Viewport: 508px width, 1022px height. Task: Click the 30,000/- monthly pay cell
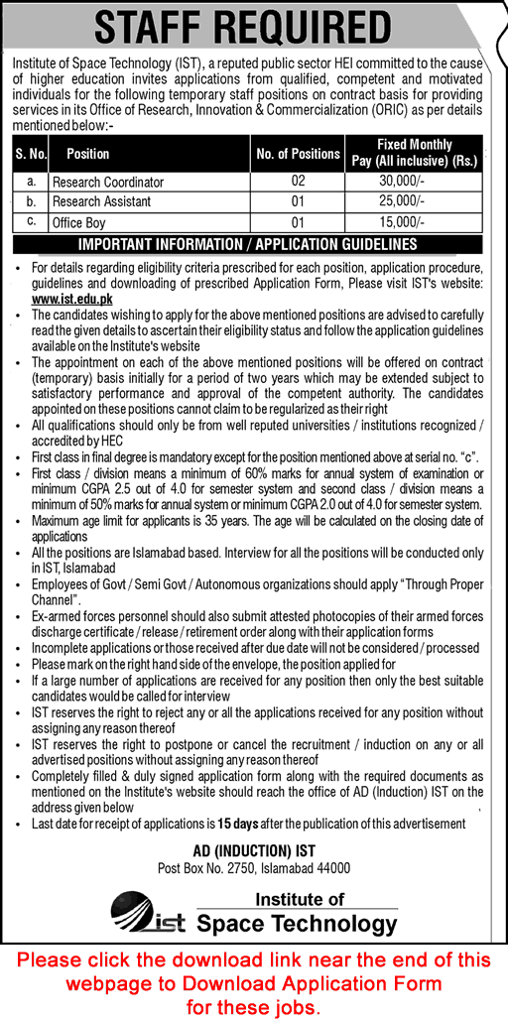point(415,183)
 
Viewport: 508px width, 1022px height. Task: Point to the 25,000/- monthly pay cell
point(415,201)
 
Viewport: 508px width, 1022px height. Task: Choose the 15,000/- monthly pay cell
point(415,223)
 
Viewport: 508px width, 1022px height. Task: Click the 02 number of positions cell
point(298,183)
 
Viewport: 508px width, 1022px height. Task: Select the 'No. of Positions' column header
point(298,154)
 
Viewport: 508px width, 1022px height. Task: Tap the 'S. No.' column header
point(31,154)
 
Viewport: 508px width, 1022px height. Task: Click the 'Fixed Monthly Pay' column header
point(415,154)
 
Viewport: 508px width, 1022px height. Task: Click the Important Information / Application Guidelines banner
point(247,244)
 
